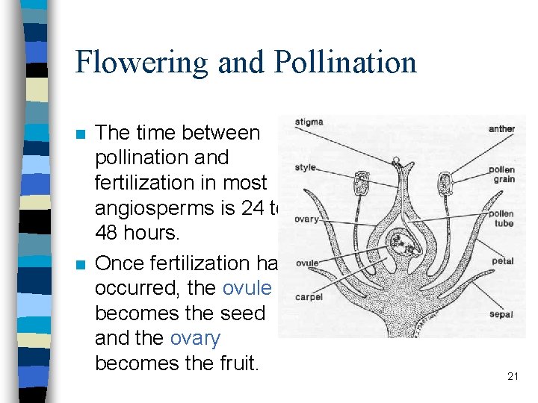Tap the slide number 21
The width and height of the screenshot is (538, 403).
[513, 377]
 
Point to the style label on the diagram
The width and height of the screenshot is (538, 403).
[306, 168]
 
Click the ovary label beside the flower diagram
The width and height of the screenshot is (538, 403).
[306, 219]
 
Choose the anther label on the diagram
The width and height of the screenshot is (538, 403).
[501, 128]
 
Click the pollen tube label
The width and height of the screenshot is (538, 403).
[501, 219]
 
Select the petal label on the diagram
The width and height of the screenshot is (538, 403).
[503, 262]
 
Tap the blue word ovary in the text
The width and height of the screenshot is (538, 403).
[195, 338]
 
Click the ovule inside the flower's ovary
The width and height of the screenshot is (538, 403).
[407, 243]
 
